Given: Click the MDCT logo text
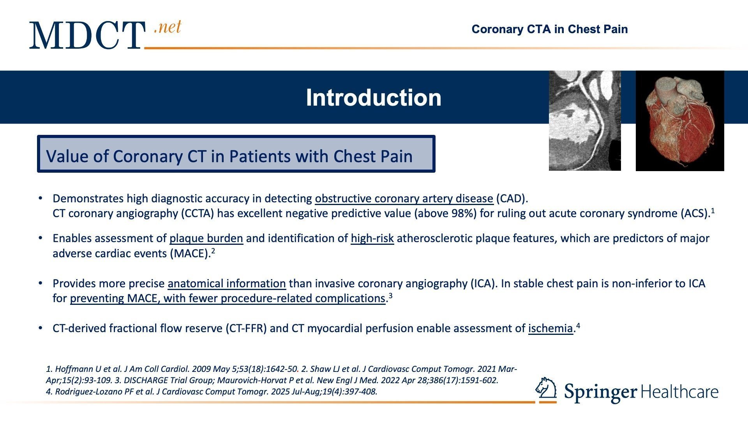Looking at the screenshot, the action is [x=87, y=35].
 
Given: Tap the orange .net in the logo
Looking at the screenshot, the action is [x=168, y=27].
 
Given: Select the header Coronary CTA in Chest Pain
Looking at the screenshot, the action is [x=550, y=29].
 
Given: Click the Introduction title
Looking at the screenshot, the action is [x=374, y=97].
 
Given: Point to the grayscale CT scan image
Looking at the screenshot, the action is [x=585, y=120].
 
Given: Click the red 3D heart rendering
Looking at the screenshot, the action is [x=680, y=121].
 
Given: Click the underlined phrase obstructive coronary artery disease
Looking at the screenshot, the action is [x=404, y=199].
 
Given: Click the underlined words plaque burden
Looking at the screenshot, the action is [x=206, y=238].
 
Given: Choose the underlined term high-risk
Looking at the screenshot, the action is [x=372, y=238].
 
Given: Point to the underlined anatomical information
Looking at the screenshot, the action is [x=227, y=283].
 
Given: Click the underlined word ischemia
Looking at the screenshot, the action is [x=550, y=328].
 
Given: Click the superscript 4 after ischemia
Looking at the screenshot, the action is [x=578, y=325].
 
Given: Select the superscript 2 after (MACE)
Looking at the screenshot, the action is [x=213, y=251].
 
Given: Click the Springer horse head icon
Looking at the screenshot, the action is [x=546, y=390].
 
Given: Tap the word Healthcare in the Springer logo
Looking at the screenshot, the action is [x=679, y=392].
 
